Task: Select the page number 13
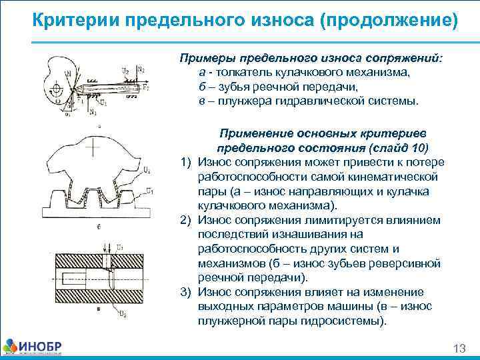click(x=458, y=349)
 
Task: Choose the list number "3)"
click(x=186, y=292)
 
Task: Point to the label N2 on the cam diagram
click(x=141, y=69)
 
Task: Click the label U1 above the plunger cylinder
click(x=121, y=248)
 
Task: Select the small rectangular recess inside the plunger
click(x=67, y=276)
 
